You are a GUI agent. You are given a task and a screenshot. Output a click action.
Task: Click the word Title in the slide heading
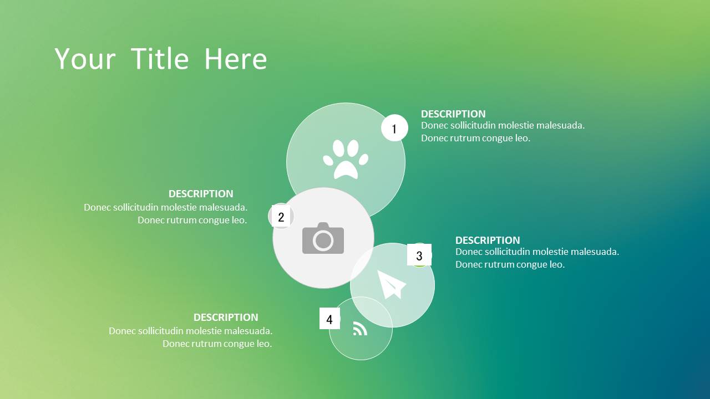pos(160,59)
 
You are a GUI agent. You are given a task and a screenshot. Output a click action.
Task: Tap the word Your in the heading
pos(85,59)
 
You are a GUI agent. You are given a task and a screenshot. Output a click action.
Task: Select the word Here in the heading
pos(236,59)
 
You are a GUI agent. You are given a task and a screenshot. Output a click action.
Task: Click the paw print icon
pos(346,159)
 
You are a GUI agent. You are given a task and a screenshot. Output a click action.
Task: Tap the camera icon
pos(323,238)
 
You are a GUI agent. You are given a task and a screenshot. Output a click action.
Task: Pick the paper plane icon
pos(392,284)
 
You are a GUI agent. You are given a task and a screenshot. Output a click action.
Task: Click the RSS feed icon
pos(360,329)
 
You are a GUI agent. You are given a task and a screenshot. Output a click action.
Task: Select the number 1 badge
pos(394,128)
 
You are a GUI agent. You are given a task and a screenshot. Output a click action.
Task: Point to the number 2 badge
pos(281,216)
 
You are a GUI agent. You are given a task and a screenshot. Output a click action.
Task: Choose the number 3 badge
pos(419,255)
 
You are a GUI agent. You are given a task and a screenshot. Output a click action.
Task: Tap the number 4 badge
pos(329,319)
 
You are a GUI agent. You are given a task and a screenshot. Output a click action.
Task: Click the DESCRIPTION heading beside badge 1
pos(453,114)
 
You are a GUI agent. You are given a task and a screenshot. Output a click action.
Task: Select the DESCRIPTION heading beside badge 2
pos(201,193)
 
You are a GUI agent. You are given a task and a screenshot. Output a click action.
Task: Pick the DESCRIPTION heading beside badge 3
pos(488,240)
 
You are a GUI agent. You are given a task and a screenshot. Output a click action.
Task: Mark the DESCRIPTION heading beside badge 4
pos(226,317)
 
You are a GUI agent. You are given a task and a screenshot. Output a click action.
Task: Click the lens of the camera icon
pos(323,241)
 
